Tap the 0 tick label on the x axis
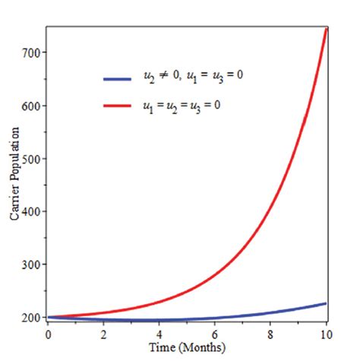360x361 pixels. click(48, 334)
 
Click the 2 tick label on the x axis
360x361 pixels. click(103, 334)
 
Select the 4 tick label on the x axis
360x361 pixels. click(159, 334)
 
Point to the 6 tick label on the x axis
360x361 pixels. click(215, 334)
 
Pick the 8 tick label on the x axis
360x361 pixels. click(271, 334)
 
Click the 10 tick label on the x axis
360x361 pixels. click(326, 334)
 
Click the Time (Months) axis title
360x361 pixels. click(187, 348)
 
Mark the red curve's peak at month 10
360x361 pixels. click(327, 29)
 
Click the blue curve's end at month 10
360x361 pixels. click(327, 303)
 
